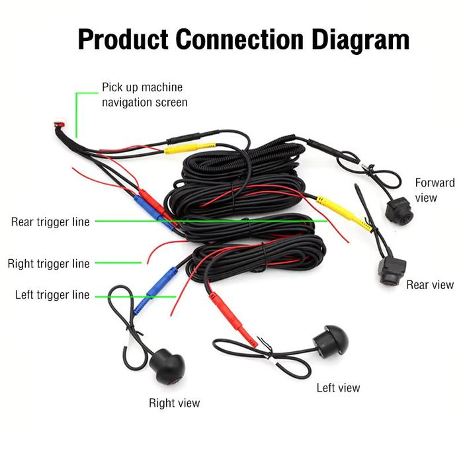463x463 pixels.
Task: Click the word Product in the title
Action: click(x=122, y=40)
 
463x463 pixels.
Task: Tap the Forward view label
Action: click(x=435, y=190)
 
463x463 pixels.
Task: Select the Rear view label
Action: click(x=430, y=284)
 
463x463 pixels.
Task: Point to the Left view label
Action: click(x=338, y=388)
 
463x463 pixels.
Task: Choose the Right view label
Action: click(x=174, y=403)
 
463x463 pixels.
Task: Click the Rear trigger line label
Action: click(x=50, y=222)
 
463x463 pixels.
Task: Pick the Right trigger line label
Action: click(x=48, y=264)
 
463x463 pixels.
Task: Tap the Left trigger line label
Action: click(x=52, y=295)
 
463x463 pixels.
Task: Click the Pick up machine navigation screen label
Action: click(x=144, y=95)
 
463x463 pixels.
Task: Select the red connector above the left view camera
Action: click(x=233, y=321)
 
